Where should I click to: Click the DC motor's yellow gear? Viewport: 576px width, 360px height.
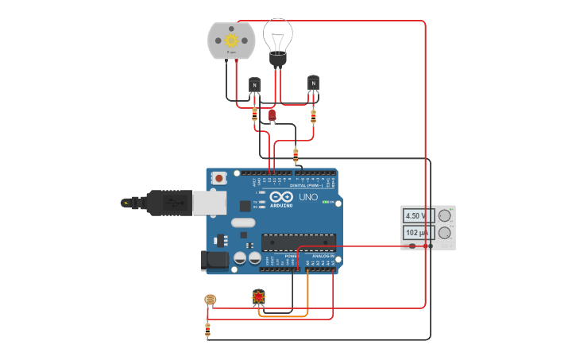point(232,40)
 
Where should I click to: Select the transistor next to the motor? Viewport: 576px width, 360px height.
point(254,85)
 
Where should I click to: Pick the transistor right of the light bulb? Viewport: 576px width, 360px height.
point(313,83)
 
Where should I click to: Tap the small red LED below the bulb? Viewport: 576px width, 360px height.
point(272,115)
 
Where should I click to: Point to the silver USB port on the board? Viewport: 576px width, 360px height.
point(209,203)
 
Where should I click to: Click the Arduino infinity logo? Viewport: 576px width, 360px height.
point(282,196)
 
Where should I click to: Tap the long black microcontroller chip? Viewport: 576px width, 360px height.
point(298,241)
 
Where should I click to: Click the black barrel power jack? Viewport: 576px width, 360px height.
point(215,259)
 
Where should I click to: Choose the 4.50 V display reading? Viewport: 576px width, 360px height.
point(416,215)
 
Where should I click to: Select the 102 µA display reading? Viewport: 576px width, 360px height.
point(416,232)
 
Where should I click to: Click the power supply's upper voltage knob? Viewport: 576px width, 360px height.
point(444,215)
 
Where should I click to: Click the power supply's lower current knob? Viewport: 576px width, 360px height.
point(444,232)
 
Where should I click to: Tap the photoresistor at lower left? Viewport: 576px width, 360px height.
point(210,300)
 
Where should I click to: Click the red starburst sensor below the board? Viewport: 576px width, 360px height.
point(259,297)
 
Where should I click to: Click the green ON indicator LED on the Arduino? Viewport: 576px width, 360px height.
point(325,201)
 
